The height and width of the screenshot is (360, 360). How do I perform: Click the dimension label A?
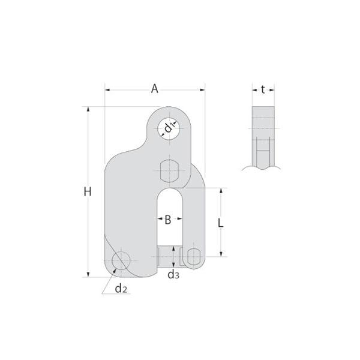tap(155, 89)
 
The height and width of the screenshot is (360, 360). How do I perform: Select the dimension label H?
tap(88, 192)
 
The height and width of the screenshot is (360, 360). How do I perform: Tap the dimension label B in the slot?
tap(168, 220)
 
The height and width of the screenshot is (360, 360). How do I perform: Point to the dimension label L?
tap(220, 223)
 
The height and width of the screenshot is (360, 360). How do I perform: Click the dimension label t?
tap(263, 89)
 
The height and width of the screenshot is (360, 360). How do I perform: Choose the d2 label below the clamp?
tap(121, 289)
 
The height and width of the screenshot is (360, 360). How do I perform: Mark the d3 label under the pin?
tap(173, 274)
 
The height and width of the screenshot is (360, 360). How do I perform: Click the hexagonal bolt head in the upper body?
tap(169, 171)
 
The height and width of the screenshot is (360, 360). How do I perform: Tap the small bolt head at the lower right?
tap(194, 257)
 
